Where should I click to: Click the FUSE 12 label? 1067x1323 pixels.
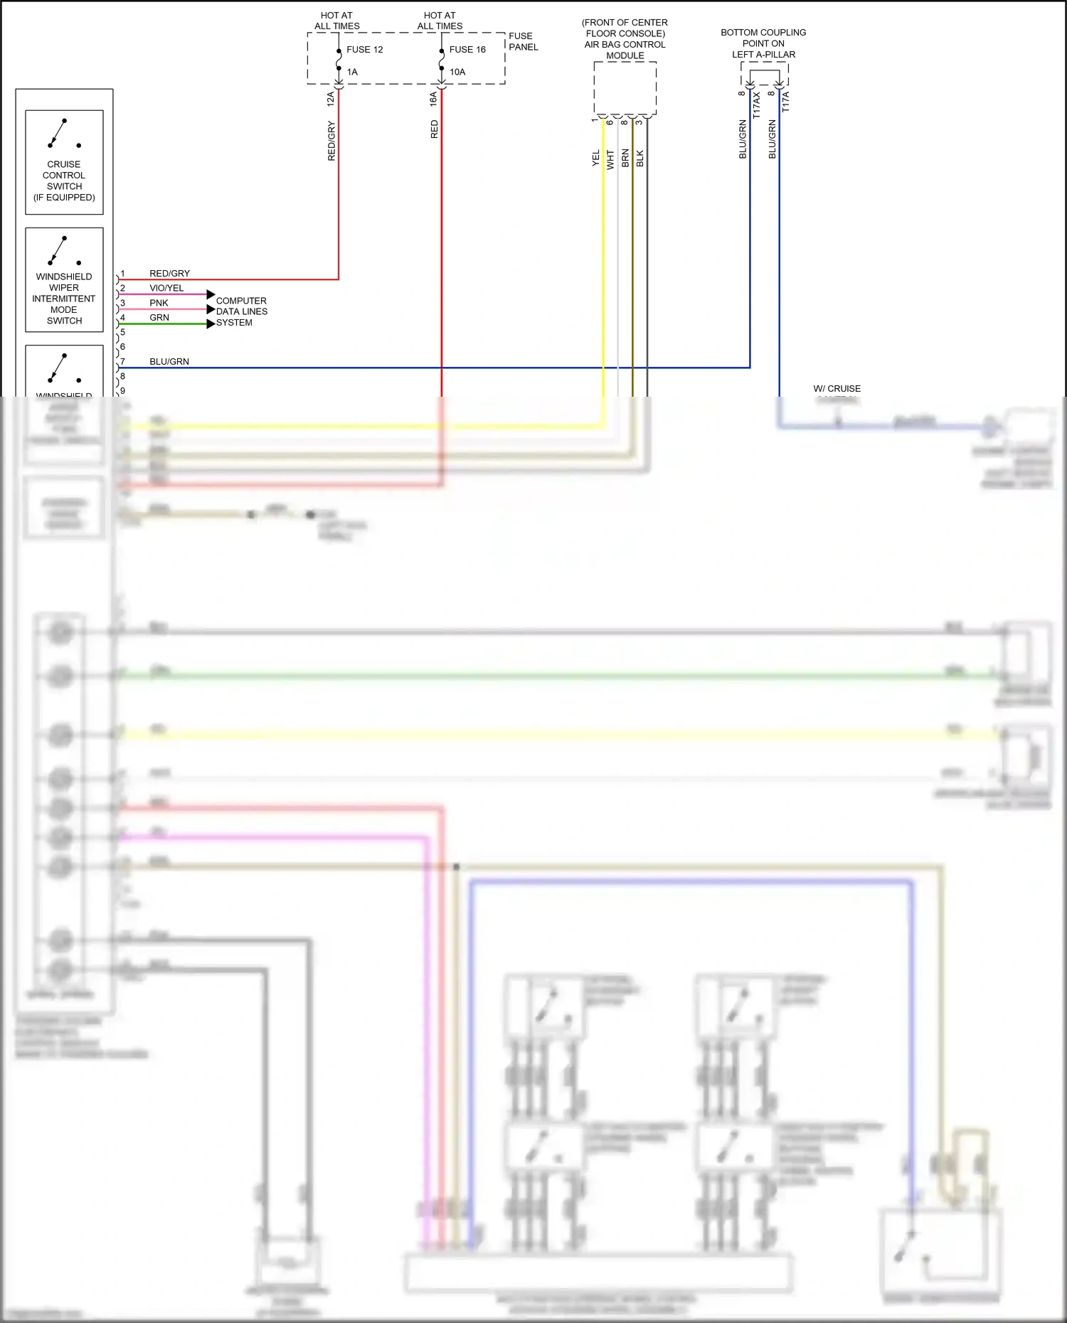[x=364, y=50]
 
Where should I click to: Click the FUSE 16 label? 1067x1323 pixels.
[x=467, y=50]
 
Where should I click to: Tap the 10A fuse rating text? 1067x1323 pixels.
[x=457, y=72]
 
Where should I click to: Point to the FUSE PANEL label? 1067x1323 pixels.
[x=523, y=41]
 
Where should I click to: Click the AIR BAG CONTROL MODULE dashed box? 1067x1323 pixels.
[x=625, y=88]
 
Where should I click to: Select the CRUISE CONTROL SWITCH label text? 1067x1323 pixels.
[x=64, y=181]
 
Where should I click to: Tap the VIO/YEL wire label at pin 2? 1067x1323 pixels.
[x=166, y=288]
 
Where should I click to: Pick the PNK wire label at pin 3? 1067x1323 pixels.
[x=159, y=303]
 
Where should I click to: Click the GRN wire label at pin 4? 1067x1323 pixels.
[x=159, y=318]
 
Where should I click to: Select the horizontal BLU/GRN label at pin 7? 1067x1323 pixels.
[x=169, y=362]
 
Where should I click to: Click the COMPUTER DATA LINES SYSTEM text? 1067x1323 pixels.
[x=242, y=311]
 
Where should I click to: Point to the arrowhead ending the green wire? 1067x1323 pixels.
[x=211, y=324]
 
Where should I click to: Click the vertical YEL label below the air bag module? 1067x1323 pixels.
[x=596, y=158]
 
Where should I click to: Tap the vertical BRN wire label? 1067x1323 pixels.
[x=625, y=158]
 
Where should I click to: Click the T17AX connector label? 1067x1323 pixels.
[x=757, y=105]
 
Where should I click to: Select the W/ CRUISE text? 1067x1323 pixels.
[x=837, y=389]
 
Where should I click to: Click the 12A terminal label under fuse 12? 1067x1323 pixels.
[x=331, y=99]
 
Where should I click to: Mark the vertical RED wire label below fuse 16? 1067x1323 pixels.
[x=435, y=129]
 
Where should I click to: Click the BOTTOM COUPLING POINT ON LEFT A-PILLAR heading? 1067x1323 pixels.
[x=763, y=43]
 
